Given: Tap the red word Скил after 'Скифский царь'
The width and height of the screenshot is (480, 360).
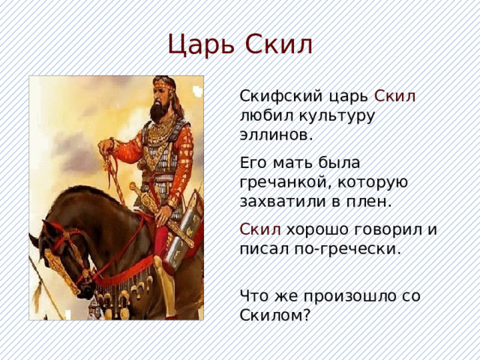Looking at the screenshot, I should (400, 97).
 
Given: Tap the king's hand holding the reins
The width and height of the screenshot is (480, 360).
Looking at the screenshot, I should (111, 145).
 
